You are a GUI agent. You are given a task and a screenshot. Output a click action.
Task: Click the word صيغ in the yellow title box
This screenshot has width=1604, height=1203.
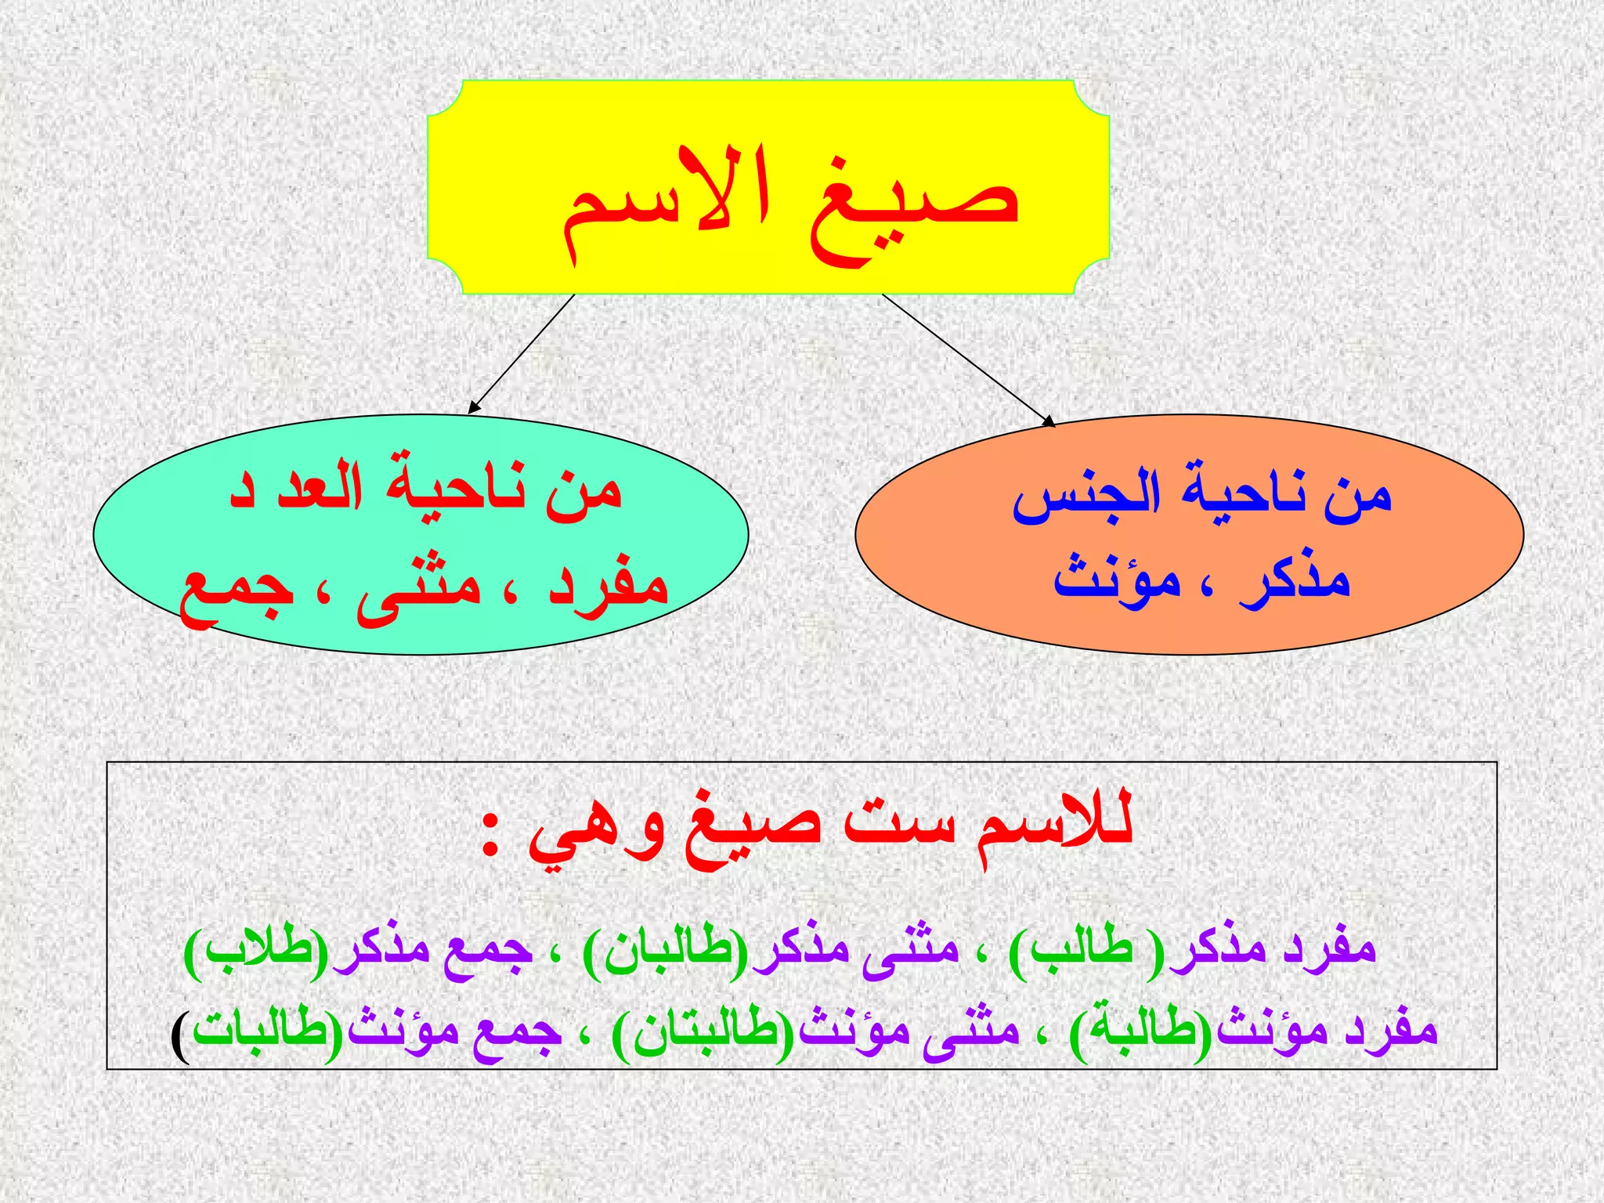pos(912,208)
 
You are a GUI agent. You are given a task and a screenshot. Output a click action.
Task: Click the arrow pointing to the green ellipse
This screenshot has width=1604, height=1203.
pos(522,353)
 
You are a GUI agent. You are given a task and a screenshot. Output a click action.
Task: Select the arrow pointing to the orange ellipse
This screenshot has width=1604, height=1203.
pos(968,359)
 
